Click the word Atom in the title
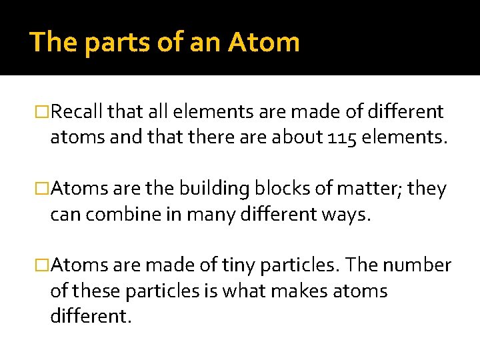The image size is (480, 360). [x=264, y=43]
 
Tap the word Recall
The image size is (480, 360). [x=80, y=112]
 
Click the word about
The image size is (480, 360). [x=296, y=137]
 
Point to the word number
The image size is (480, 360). [x=421, y=265]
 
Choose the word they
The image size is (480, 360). [x=426, y=189]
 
